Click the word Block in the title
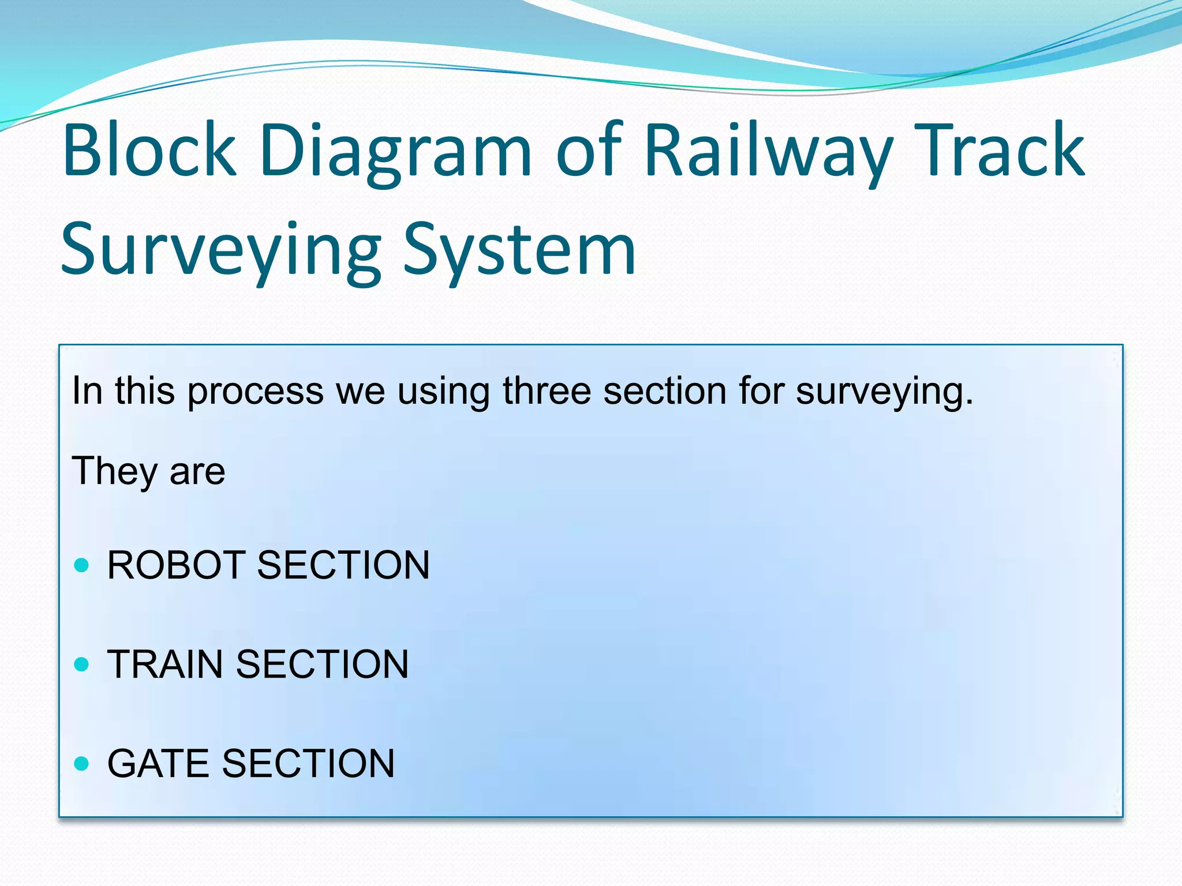[x=149, y=151]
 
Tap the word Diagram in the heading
[x=395, y=151]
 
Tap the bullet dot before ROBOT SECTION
[x=82, y=565]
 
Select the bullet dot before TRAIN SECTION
[x=82, y=664]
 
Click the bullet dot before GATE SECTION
[x=82, y=764]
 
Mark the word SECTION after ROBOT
[x=343, y=565]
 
